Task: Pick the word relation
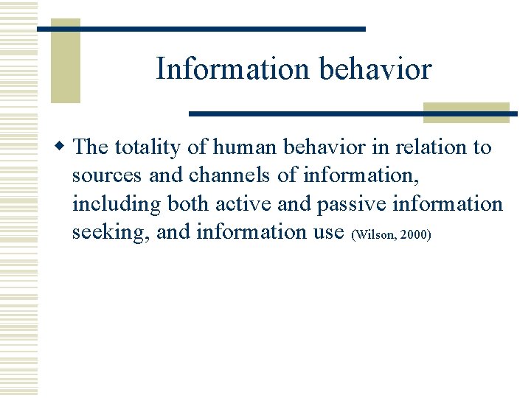click(431, 147)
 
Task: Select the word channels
click(221, 176)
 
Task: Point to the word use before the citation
click(327, 233)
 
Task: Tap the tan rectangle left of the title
click(65, 60)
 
